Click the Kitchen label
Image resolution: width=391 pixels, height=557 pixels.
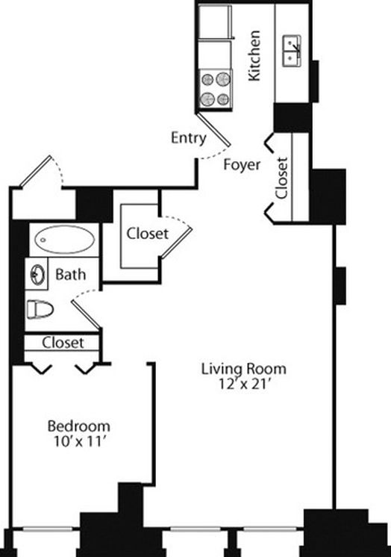coord(254,56)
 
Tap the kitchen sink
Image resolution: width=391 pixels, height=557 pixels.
coord(293,51)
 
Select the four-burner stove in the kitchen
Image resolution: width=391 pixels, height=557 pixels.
coord(215,89)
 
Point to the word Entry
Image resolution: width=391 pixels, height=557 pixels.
coord(188,138)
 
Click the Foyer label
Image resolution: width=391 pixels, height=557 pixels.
coord(242,165)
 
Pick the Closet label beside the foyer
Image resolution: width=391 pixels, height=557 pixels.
coord(281,178)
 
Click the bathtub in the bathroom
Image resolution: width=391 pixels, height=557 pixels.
coord(64,239)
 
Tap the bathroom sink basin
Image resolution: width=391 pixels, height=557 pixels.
coord(37,275)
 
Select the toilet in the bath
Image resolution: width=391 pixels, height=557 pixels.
coord(40,309)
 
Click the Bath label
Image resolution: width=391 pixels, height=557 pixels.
coord(71,275)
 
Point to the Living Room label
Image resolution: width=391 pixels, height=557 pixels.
coord(243,369)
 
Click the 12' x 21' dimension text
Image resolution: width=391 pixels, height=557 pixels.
coord(243,384)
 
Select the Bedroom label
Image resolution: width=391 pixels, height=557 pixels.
coord(79,426)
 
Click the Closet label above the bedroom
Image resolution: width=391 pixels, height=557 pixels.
coord(63,343)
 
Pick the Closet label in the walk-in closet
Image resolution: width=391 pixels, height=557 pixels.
coord(148,234)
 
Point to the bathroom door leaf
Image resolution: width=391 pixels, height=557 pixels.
coord(87,314)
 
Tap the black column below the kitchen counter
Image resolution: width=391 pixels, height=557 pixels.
coord(293,117)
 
